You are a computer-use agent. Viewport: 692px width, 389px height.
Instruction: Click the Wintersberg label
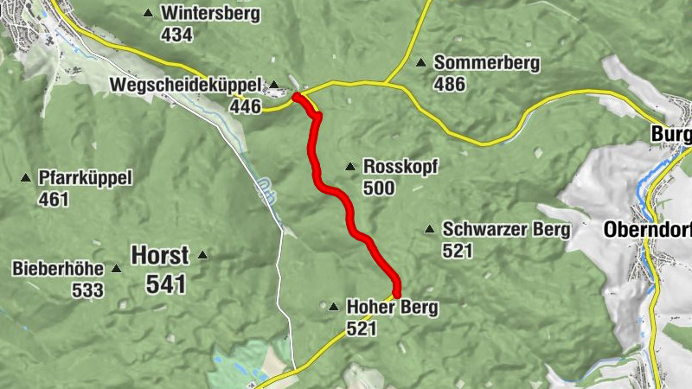tap(198, 14)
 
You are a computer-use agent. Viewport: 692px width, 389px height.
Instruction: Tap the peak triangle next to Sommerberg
tap(421, 62)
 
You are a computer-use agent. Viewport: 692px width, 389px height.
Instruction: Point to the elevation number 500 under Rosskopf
tap(380, 188)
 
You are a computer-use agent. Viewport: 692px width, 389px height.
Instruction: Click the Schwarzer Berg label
tap(506, 229)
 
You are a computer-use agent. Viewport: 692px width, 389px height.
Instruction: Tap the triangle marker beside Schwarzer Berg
tap(429, 229)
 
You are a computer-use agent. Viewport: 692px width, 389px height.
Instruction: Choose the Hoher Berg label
tap(392, 307)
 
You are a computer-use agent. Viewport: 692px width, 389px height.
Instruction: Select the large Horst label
tap(159, 255)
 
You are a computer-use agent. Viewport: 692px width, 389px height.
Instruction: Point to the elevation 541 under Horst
tap(166, 283)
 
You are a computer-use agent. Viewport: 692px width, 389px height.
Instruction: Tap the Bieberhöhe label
tap(58, 269)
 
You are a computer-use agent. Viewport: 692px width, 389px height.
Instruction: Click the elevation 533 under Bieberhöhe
tap(87, 290)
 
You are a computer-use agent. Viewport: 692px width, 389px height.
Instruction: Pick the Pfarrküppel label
tap(85, 178)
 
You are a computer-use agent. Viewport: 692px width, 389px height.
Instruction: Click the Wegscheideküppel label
tap(186, 84)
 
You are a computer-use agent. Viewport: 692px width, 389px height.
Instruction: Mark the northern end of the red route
tap(298, 97)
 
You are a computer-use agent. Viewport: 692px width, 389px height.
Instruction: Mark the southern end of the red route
tap(397, 292)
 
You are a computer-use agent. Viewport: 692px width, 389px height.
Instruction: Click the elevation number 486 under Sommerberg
tap(450, 84)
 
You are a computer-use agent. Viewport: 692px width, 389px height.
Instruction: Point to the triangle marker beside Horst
tap(202, 255)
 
